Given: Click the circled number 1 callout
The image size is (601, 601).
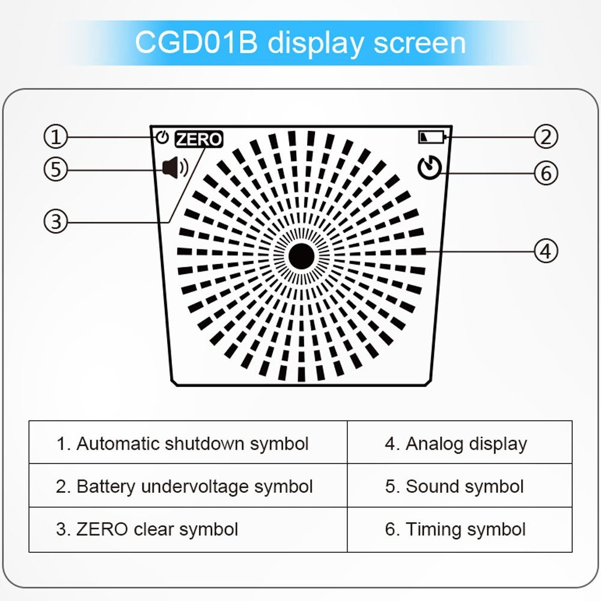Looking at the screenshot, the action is point(55,137).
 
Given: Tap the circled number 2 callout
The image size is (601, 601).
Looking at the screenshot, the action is point(546,137).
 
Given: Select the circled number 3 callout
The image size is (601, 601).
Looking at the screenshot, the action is point(55,221).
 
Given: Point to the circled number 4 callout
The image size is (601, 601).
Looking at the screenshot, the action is point(546,251).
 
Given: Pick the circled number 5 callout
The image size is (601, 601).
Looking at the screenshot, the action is point(55,169).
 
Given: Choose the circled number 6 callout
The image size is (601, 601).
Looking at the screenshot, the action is point(546,173).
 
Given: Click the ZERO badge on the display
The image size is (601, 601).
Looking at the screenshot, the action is point(199,139).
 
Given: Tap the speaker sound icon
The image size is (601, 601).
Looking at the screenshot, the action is point(175,168).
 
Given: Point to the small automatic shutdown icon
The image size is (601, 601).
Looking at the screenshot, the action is point(162,137).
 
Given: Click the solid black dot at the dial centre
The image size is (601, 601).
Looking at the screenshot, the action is point(301,256).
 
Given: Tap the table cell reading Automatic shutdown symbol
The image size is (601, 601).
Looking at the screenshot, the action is point(188,442).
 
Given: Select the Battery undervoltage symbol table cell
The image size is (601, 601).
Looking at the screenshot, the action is point(188,486).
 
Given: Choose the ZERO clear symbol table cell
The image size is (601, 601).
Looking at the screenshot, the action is point(188,529).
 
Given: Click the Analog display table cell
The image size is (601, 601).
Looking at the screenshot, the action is point(460,442).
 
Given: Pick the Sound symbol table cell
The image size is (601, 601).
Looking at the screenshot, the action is point(460,486).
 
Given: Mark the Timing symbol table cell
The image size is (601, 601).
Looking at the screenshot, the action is point(460,529).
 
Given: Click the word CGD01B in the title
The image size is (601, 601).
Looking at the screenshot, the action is point(197,42).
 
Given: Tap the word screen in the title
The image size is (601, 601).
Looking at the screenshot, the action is point(419,43).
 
